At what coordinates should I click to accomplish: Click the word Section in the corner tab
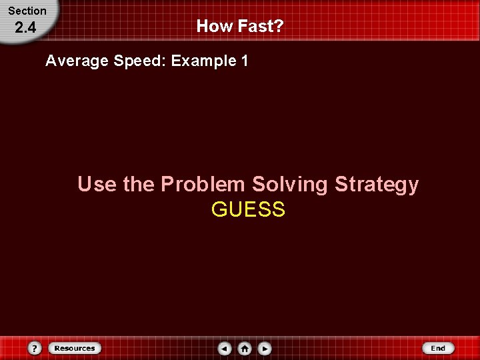tap(27, 11)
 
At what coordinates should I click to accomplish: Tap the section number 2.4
tap(25, 28)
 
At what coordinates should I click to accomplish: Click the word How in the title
tap(213, 27)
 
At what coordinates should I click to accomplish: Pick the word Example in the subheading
tap(203, 61)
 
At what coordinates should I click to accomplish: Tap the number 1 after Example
tap(245, 61)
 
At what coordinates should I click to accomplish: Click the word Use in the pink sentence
tap(97, 184)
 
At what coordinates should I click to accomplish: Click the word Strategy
tap(377, 184)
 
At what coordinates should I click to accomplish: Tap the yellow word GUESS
tap(248, 210)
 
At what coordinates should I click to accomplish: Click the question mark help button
tap(35, 348)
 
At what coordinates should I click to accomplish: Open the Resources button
tap(74, 348)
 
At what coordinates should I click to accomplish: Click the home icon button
tap(245, 348)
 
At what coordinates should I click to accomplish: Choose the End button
tap(438, 348)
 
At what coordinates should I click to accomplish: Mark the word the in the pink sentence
tap(139, 184)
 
